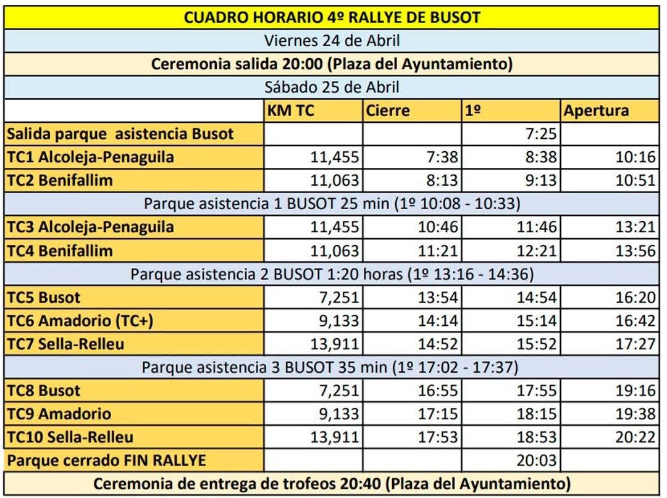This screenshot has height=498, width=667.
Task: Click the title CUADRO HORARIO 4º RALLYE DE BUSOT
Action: tap(332, 17)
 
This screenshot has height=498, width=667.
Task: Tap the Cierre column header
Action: tap(388, 110)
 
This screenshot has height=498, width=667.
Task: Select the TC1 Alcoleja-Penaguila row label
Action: tap(90, 157)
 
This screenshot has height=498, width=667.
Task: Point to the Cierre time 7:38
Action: tap(442, 157)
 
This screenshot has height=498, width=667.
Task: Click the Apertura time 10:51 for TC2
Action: tap(636, 180)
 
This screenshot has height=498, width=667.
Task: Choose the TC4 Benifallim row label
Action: tap(60, 251)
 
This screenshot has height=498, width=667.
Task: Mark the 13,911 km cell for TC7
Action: tap(334, 344)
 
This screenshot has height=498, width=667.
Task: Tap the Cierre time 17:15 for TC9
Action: tap(438, 413)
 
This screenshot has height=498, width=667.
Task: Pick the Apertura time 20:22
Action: tap(636, 437)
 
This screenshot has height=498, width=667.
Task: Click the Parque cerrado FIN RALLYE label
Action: tap(106, 460)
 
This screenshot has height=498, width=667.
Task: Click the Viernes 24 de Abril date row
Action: tap(332, 41)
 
